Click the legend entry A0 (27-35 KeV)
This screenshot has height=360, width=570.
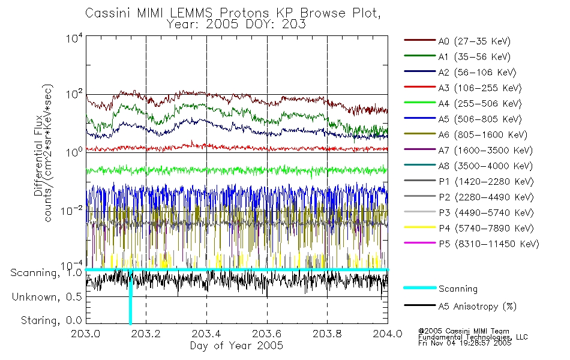pyautogui.click(x=474, y=41)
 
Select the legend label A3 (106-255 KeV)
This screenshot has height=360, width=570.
pyautogui.click(x=480, y=88)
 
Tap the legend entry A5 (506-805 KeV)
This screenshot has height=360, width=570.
pyautogui.click(x=480, y=119)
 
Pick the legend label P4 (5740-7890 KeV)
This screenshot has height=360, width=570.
pyautogui.click(x=486, y=229)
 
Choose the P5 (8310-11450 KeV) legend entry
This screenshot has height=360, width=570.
pyautogui.click(x=489, y=244)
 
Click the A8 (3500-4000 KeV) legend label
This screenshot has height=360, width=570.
pyautogui.click(x=485, y=166)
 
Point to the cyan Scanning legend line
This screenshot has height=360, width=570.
pyautogui.click(x=420, y=288)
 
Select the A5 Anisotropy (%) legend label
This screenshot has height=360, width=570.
pyautogui.click(x=478, y=307)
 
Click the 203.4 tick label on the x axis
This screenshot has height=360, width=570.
pyautogui.click(x=206, y=334)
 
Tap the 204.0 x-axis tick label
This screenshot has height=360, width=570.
pyautogui.click(x=388, y=334)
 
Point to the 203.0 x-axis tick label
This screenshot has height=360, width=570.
pyautogui.click(x=86, y=334)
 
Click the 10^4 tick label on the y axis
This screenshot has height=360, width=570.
pyautogui.click(x=74, y=38)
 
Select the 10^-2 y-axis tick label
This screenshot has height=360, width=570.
pyautogui.click(x=71, y=211)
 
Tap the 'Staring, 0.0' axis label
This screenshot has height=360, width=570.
pyautogui.click(x=51, y=320)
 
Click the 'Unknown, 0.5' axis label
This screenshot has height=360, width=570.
pyautogui.click(x=47, y=297)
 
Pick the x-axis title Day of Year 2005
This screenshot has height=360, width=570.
pyautogui.click(x=236, y=346)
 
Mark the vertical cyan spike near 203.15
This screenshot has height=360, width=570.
pyautogui.click(x=130, y=297)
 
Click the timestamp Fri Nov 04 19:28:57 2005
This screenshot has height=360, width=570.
pyautogui.click(x=464, y=343)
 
